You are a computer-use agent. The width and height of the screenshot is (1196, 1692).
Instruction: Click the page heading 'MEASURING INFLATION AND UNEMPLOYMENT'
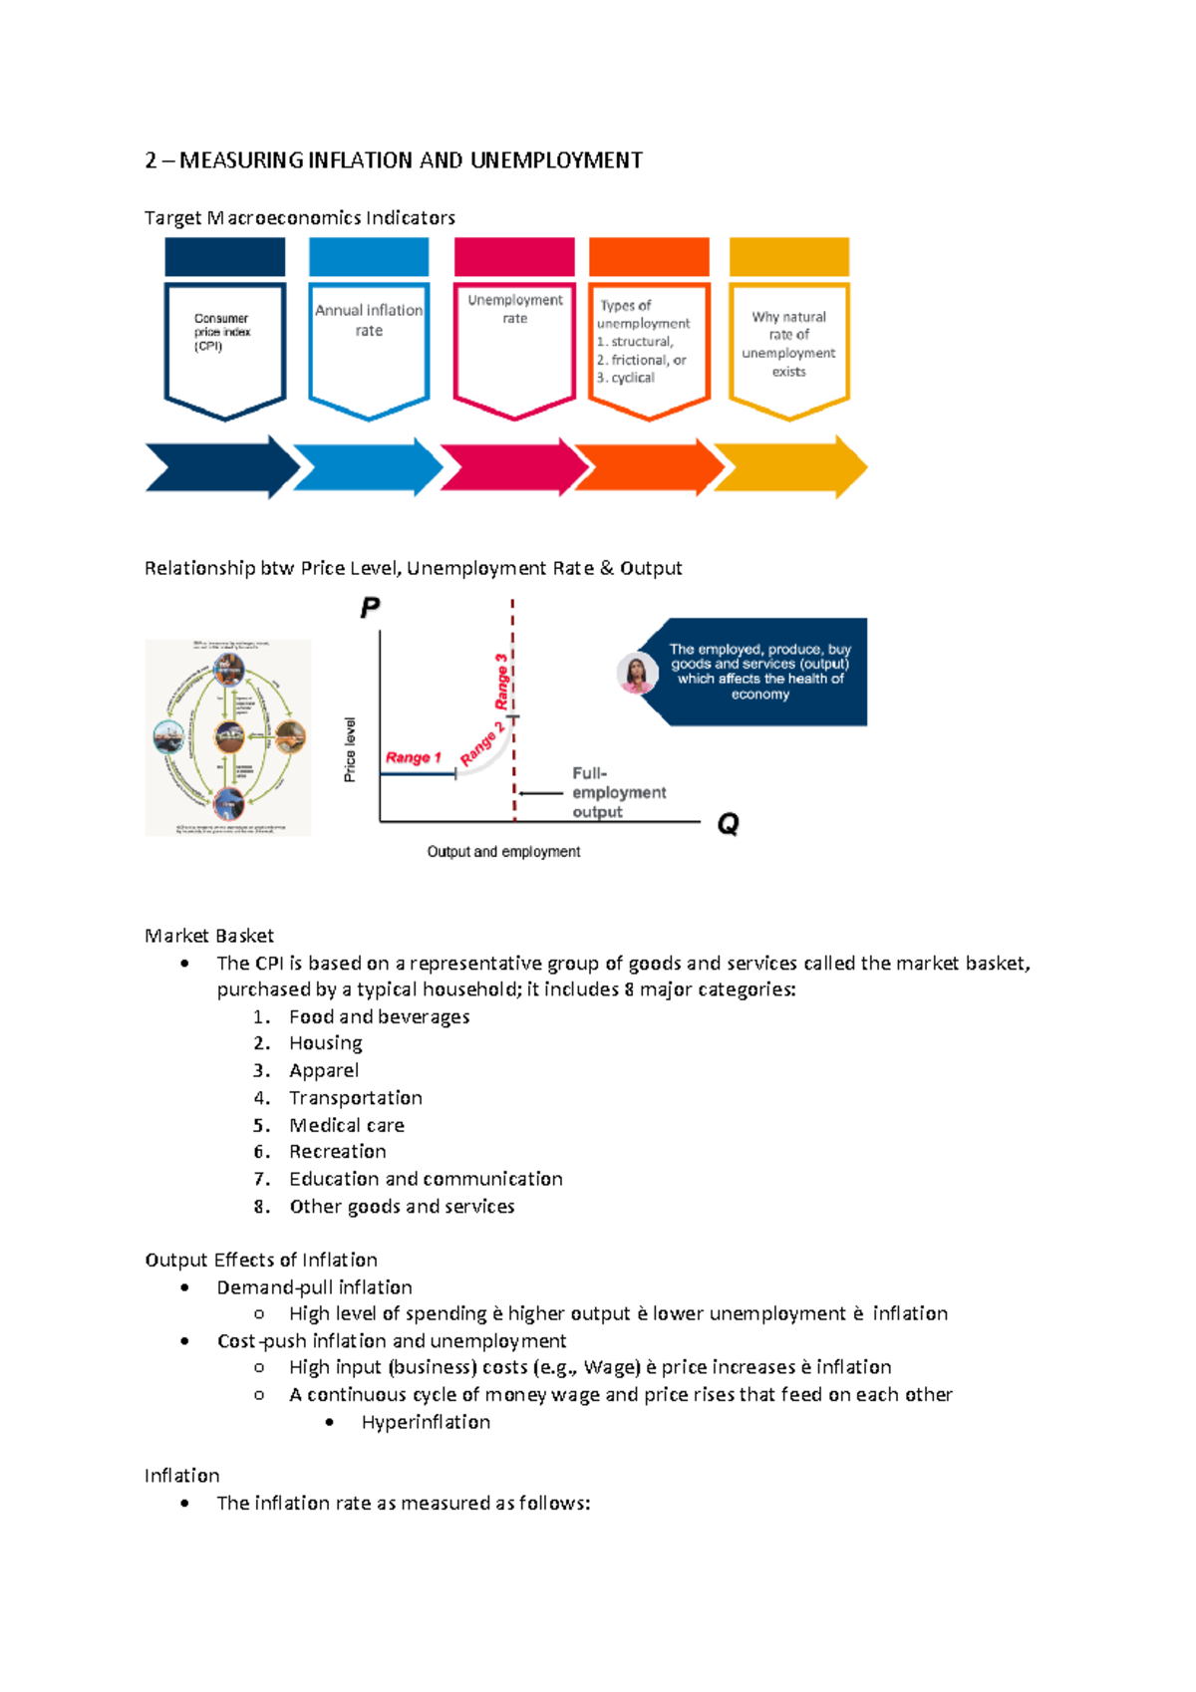410,160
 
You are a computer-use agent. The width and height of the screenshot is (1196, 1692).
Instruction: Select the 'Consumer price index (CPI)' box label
221,332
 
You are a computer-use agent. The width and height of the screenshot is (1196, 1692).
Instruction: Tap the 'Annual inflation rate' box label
369,320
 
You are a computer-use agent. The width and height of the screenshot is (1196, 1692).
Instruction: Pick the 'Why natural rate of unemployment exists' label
788,344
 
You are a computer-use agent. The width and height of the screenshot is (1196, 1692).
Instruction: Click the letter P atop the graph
370,608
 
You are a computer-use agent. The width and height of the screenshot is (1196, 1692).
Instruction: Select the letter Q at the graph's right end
728,824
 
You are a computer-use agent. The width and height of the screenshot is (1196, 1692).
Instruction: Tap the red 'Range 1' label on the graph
413,757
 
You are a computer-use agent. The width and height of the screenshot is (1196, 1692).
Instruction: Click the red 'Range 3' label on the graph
501,681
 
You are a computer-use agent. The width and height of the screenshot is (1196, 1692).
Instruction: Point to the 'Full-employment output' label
618,792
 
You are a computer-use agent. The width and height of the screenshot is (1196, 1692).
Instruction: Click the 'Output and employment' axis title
503,852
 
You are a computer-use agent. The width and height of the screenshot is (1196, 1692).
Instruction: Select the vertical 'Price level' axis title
350,749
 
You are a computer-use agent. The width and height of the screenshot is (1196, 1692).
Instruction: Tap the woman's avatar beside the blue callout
637,674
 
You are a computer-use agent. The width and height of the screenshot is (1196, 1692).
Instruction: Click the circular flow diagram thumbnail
228,737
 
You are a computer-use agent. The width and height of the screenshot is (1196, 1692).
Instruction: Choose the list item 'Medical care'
346,1125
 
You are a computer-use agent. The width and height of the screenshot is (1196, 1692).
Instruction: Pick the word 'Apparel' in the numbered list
324,1070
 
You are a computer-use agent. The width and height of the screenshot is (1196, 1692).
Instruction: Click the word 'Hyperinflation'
426,1422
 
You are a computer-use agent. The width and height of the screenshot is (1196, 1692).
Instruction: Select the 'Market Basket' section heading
208,936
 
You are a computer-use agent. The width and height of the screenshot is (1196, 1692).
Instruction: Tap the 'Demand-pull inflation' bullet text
314,1287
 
